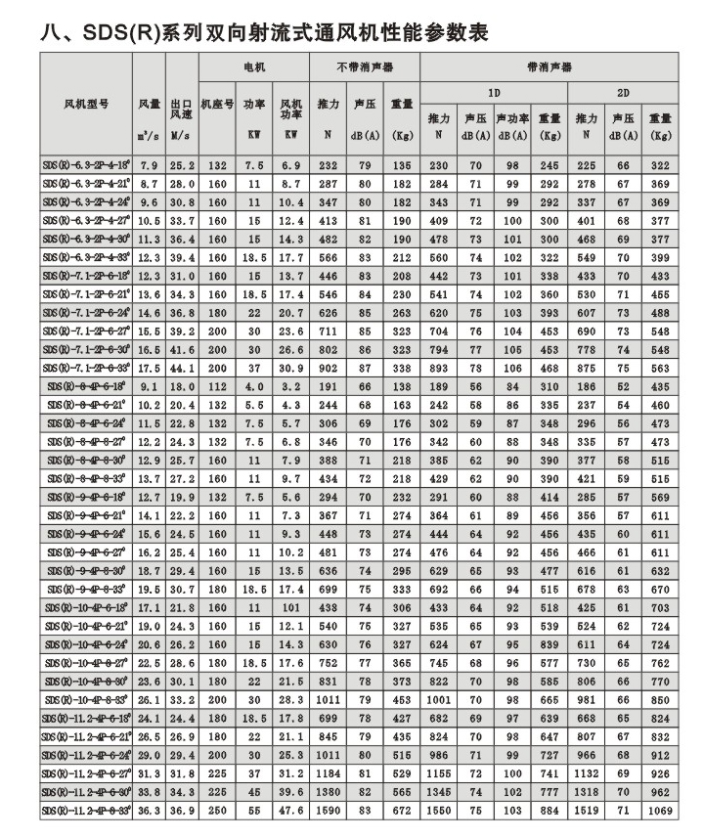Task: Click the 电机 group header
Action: coord(253,67)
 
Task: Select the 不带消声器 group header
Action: coord(363,67)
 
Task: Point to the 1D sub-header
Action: coord(493,93)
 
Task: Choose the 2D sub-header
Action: coord(623,93)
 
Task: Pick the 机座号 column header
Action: coord(216,102)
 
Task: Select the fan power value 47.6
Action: coord(289,812)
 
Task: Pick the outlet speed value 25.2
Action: coord(182,166)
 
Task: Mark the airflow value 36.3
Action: coord(149,812)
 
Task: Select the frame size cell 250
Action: coord(216,812)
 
